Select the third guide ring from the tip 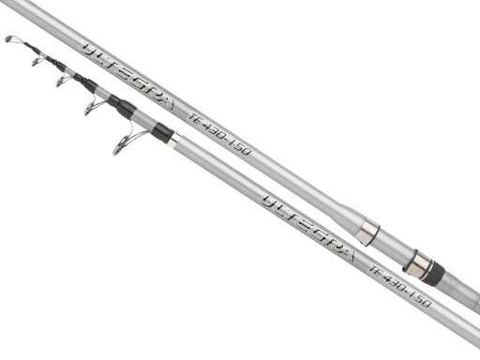pyautogui.click(x=61, y=81)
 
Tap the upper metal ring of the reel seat pyautogui.click(x=367, y=232)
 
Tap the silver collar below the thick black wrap pyautogui.click(x=174, y=142)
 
